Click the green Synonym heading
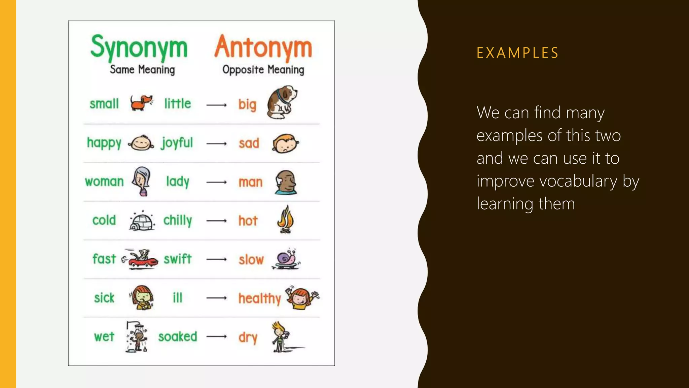point(139,47)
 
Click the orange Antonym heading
point(263,47)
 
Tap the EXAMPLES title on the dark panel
point(518,53)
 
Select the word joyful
point(177,143)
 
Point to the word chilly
point(178,221)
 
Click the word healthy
point(259,298)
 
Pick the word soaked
point(178,336)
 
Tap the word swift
point(178,259)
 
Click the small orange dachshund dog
point(141,102)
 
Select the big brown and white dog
point(282,102)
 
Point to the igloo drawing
point(142,221)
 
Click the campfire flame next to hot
point(285,220)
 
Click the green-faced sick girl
point(142,297)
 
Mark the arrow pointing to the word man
point(216,182)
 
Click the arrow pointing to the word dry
point(216,336)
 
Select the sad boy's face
point(285,143)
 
